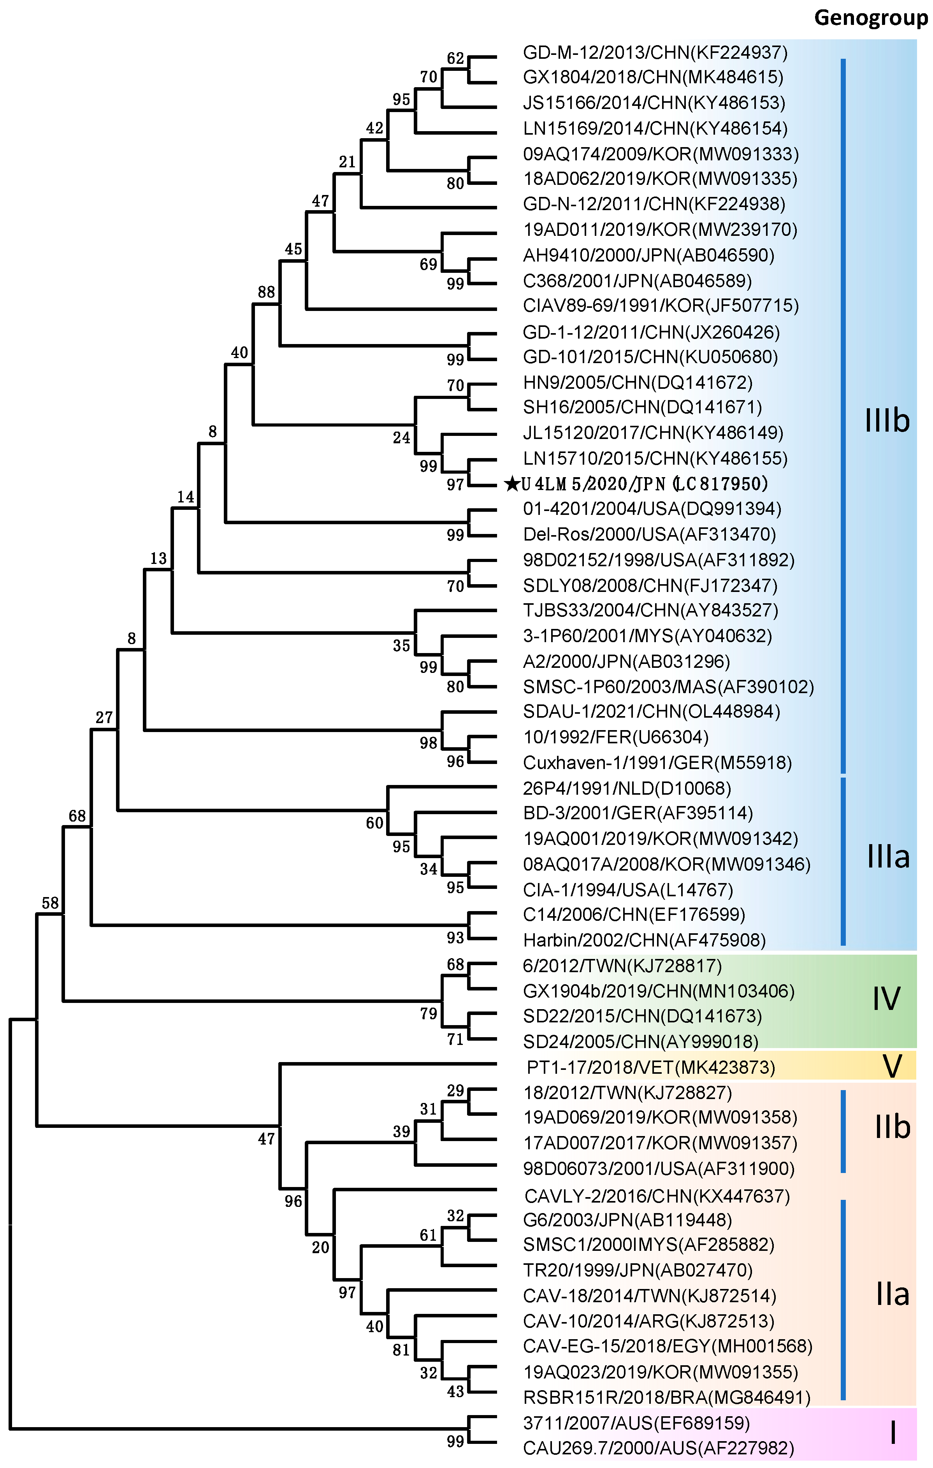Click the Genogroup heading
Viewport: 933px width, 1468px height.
[x=871, y=18]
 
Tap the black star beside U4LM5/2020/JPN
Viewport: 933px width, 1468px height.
[x=512, y=484]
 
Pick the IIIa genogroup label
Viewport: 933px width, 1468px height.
[x=888, y=857]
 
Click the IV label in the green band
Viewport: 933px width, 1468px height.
[x=886, y=999]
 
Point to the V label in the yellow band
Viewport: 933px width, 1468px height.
[x=892, y=1066]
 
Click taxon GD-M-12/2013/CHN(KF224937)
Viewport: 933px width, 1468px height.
[x=655, y=53]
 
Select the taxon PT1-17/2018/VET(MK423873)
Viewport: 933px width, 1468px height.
[x=651, y=1068]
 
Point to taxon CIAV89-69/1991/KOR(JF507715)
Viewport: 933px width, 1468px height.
[x=661, y=306]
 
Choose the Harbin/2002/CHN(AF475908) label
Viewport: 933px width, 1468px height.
[x=644, y=940]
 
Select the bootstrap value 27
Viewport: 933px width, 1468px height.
[x=104, y=718]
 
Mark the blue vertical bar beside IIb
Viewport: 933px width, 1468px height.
[x=843, y=1131]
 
